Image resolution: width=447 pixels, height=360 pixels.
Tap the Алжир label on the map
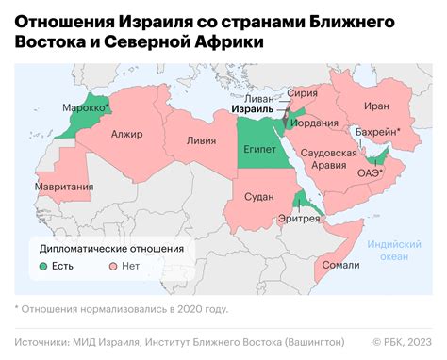pos(126,135)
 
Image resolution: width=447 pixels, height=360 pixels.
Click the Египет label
pos(259,148)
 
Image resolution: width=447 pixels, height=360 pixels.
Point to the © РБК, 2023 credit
pos(402,341)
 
